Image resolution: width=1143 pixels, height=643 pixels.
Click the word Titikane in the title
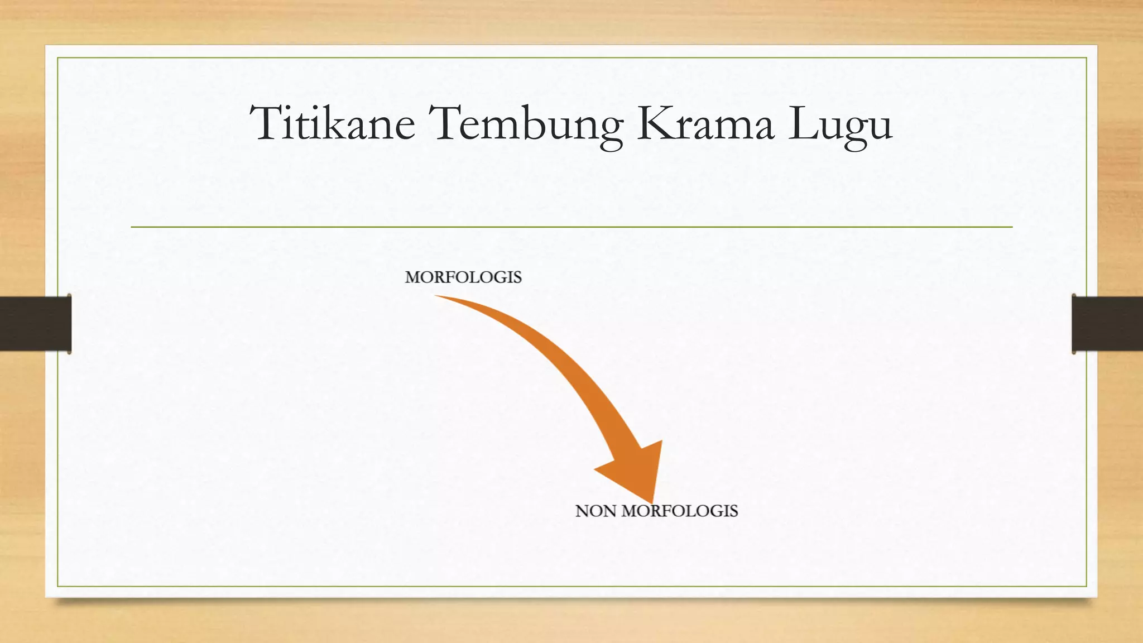click(333, 123)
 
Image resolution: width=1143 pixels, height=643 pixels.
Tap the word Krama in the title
click(705, 123)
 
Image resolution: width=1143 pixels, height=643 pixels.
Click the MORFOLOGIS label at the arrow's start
click(463, 277)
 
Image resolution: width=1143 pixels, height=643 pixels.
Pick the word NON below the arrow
click(595, 511)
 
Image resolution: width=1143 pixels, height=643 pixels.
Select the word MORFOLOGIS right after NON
click(680, 511)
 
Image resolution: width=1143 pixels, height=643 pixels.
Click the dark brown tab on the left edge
click(35, 324)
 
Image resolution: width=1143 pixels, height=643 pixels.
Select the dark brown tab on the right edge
click(1107, 324)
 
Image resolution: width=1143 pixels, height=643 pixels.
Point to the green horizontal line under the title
click(571, 227)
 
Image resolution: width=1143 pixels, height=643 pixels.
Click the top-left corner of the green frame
click(57, 58)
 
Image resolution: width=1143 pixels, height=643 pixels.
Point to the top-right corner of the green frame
click(1086, 58)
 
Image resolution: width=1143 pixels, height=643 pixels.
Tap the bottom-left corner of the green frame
click(57, 586)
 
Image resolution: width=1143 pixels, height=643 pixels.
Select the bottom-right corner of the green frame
click(1086, 586)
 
